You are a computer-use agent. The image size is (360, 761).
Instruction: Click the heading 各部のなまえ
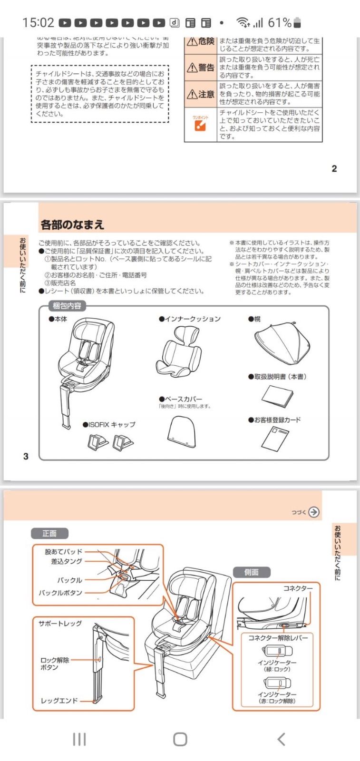pos(72,224)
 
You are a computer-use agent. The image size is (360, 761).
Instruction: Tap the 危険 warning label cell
pos(201,42)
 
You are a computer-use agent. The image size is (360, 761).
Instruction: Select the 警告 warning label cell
pos(201,68)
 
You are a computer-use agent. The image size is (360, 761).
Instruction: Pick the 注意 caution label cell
pos(201,94)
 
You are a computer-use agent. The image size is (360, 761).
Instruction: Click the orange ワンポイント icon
pos(200,125)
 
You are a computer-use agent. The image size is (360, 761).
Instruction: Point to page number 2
pos(334,168)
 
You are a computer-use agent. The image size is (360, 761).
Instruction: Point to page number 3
pos(26,456)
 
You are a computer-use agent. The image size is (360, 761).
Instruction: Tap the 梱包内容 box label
pos(67,306)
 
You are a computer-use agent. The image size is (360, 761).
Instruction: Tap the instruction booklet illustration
pos(277,396)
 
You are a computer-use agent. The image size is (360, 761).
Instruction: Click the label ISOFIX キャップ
pos(109,424)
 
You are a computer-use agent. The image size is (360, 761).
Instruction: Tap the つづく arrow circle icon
pos(313,512)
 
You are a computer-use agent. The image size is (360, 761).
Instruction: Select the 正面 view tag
pos(49,534)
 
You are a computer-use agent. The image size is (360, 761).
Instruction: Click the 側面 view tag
pos(251,572)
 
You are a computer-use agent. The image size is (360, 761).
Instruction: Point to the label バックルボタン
pos(60,593)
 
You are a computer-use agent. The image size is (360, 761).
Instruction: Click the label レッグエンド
pos(59,701)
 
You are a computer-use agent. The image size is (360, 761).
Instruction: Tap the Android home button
pos(180,739)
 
